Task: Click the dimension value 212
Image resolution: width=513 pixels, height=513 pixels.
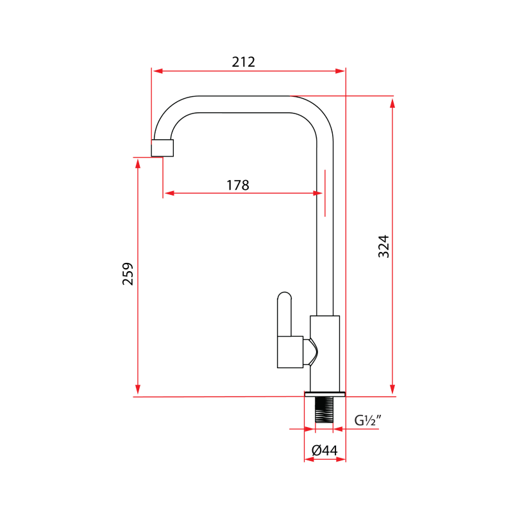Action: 244,62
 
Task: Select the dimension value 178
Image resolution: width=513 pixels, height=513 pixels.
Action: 237,185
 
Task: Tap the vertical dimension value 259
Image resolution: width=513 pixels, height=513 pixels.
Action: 128,274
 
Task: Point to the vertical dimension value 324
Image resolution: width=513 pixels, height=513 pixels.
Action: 383,246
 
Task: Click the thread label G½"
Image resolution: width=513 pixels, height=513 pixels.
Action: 368,421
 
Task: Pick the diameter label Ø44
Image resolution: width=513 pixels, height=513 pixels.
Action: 324,451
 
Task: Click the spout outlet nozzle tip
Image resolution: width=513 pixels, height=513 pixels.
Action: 162,148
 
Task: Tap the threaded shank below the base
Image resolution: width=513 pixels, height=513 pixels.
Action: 324,410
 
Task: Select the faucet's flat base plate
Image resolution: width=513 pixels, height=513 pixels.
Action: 325,393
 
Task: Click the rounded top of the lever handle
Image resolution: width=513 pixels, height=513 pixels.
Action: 285,296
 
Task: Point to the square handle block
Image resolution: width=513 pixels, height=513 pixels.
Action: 290,352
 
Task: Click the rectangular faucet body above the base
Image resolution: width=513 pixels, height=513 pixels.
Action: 324,353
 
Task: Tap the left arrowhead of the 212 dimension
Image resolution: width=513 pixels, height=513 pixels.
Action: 156,71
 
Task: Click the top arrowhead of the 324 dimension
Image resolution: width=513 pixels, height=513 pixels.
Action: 392,101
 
